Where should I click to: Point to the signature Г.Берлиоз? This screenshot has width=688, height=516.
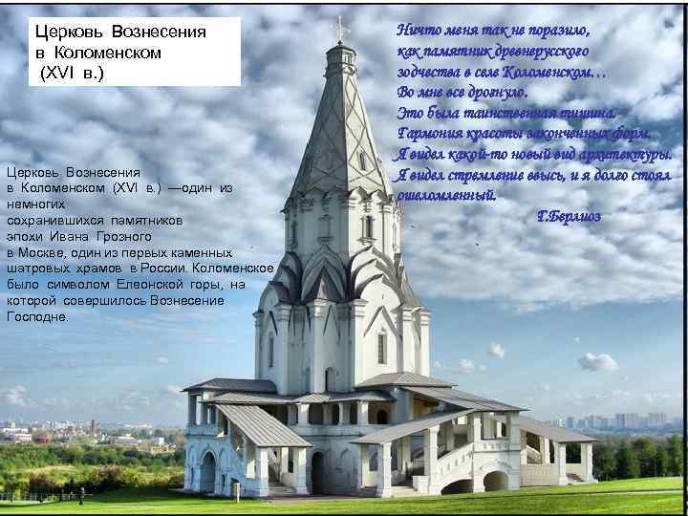(570, 217)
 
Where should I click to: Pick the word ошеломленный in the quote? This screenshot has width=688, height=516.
(446, 195)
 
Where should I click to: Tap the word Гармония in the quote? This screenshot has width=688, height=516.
(430, 133)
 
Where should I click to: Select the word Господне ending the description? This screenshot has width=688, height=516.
(37, 316)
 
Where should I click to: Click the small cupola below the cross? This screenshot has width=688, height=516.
(339, 57)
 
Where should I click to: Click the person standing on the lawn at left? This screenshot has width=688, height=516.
(82, 495)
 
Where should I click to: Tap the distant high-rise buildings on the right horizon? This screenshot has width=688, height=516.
(631, 420)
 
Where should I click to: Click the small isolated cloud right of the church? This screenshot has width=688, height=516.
(597, 361)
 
